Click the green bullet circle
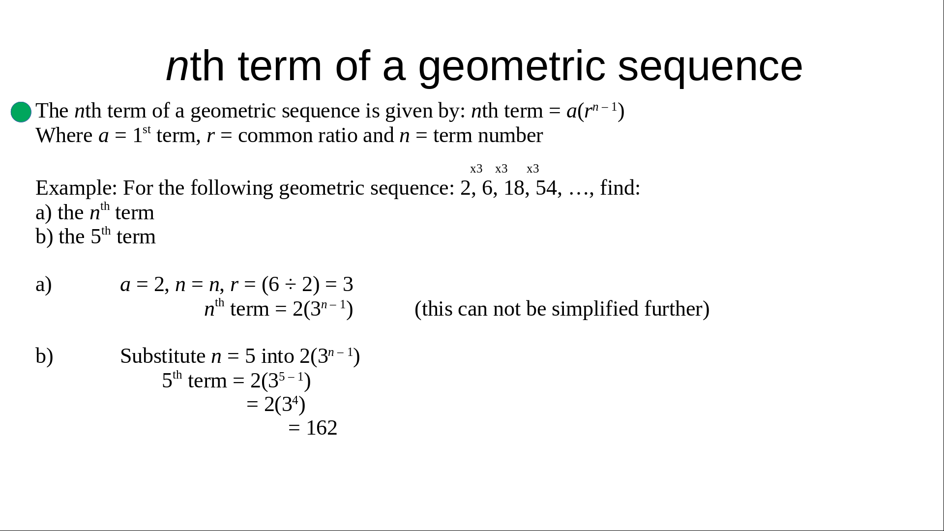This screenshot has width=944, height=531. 21,112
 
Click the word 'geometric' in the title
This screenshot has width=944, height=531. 511,67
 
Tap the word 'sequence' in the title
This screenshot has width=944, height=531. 710,67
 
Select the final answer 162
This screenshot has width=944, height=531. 322,428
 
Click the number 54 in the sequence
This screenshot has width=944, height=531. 546,188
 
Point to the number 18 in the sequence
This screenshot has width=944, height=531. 514,188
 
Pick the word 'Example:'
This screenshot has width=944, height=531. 77,188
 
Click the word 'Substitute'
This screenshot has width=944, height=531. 163,356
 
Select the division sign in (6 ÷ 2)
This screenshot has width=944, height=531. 291,285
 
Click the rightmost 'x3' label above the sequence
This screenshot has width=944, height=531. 533,169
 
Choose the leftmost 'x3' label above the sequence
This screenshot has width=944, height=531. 476,169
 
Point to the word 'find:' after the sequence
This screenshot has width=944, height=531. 620,188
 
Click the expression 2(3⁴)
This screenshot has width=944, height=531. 285,405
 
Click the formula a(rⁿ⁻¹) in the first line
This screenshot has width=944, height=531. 595,111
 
